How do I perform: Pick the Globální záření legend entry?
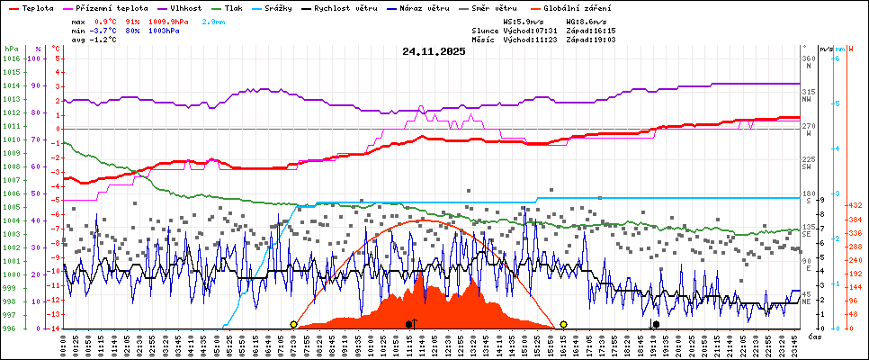tap(576, 8)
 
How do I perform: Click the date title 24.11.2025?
tap(434, 51)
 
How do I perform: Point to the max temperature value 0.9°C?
tap(110, 21)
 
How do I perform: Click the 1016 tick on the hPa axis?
tap(10, 59)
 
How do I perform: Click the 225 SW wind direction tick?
tap(807, 163)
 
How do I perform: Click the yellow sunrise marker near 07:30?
tap(294, 324)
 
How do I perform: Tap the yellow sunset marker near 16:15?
tap(563, 324)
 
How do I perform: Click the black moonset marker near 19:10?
tap(656, 324)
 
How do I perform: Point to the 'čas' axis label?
tap(813, 336)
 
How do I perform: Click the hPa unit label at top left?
tap(10, 48)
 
